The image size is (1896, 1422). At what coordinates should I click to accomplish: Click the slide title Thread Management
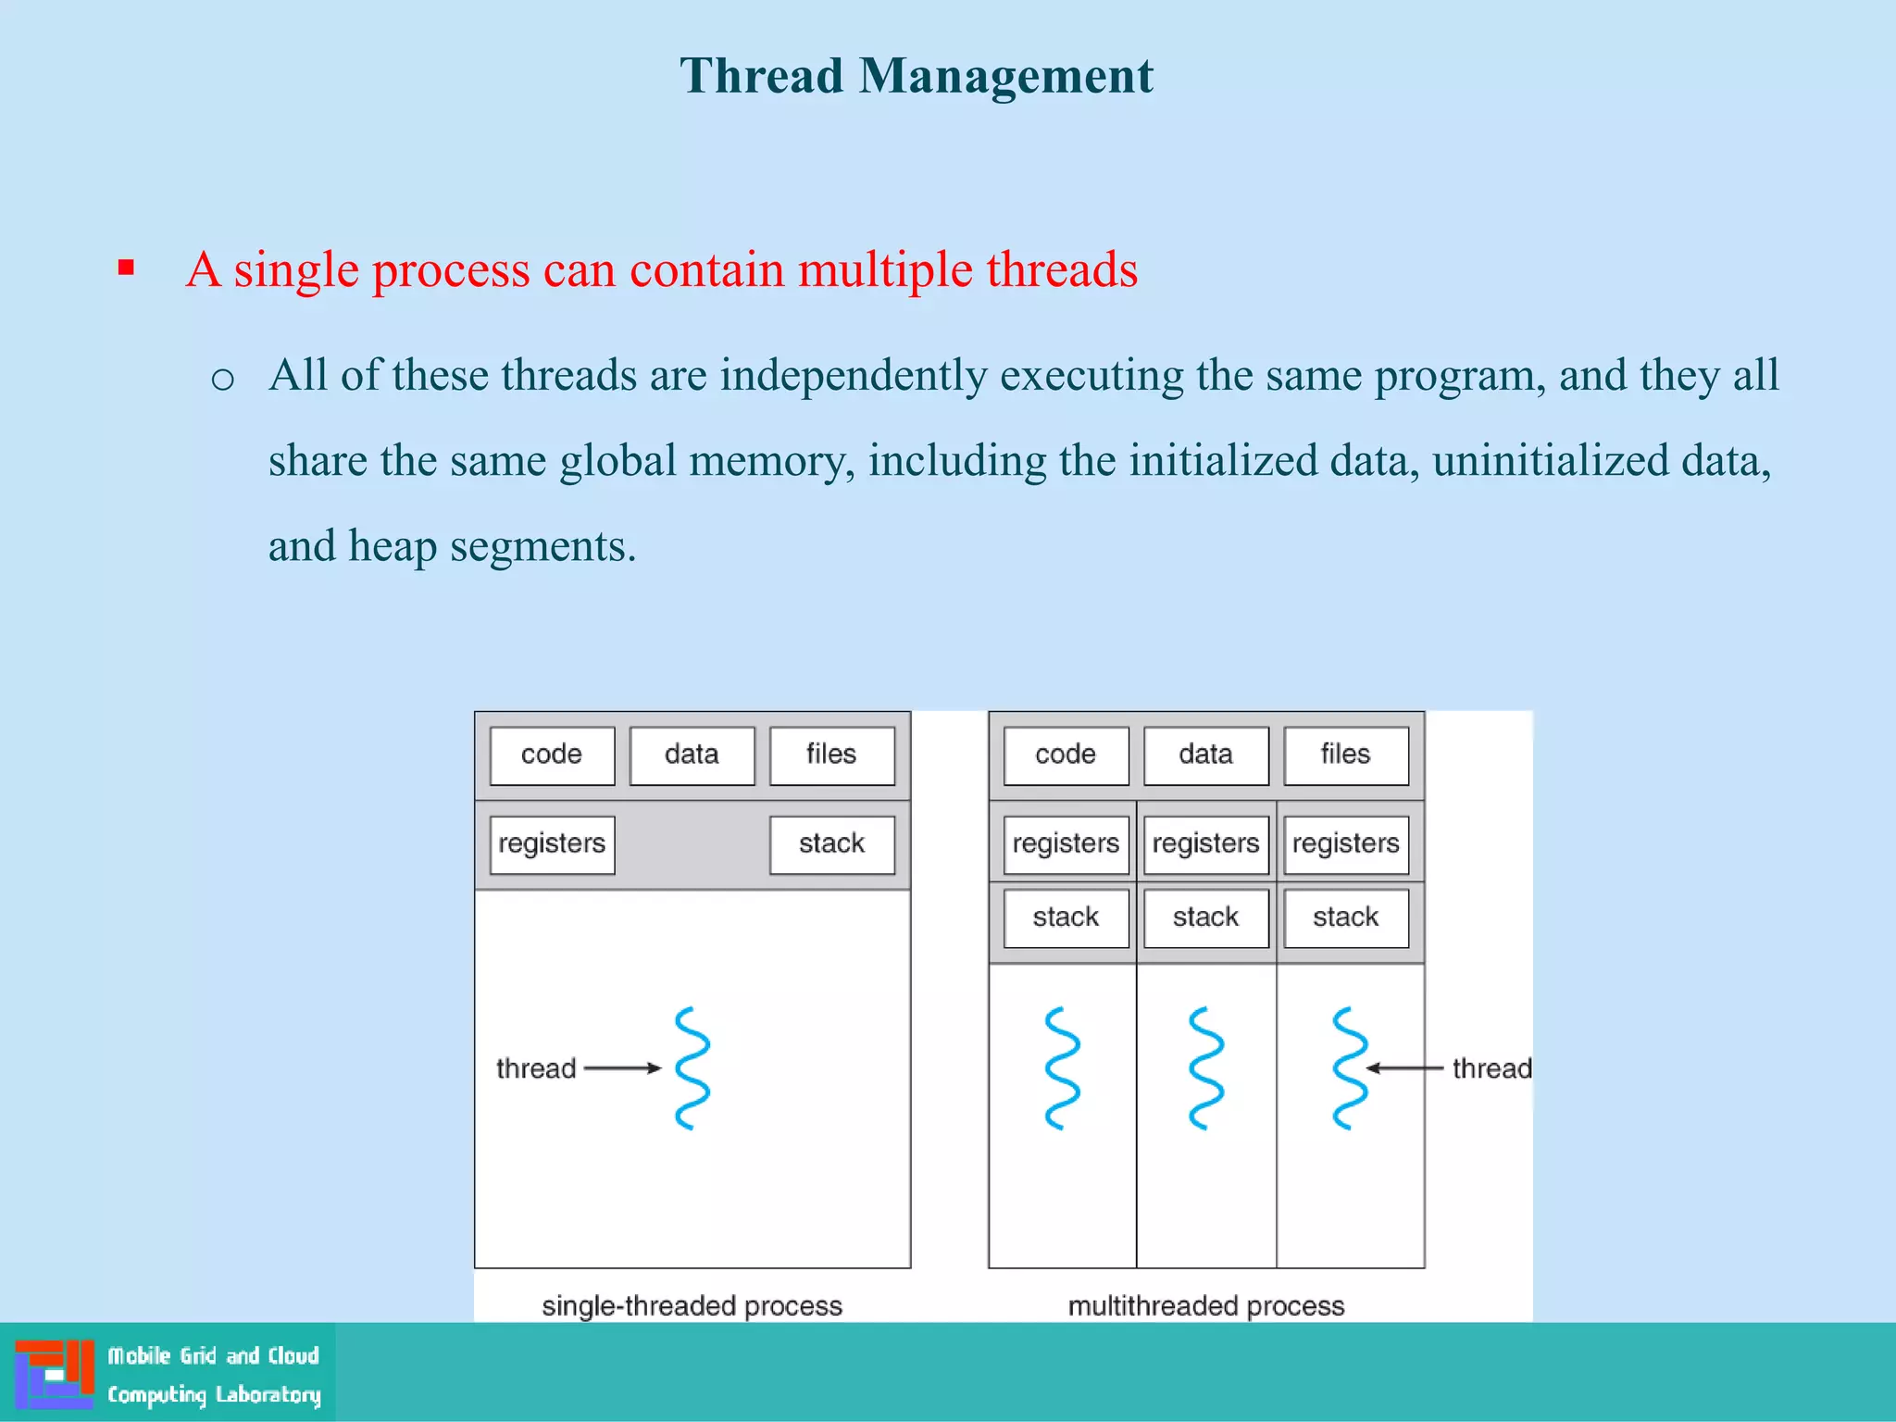(916, 76)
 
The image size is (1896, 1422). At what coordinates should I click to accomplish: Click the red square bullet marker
(127, 268)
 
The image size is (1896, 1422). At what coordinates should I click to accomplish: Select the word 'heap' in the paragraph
(392, 546)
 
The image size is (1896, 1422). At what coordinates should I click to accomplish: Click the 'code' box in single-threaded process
(552, 755)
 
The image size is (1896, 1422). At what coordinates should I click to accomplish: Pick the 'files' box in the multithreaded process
(1345, 755)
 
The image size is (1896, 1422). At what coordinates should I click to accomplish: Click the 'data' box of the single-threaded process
(692, 755)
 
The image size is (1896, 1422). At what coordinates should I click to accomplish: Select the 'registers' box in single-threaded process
(552, 843)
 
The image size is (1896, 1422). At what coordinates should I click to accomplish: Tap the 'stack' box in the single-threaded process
(831, 843)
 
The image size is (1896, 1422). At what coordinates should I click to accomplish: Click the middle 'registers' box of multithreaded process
(1205, 843)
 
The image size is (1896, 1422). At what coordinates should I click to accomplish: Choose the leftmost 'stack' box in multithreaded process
(1066, 917)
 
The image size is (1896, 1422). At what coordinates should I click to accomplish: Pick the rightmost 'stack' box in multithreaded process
(1345, 917)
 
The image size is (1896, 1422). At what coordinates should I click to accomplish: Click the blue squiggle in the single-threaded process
(692, 1068)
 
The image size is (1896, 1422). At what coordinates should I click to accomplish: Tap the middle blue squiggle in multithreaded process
(1206, 1068)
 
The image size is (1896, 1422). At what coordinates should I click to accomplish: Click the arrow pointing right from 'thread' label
(622, 1068)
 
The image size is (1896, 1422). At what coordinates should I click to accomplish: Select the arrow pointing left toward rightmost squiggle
(1404, 1068)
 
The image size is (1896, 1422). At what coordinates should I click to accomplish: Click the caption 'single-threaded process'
(692, 1305)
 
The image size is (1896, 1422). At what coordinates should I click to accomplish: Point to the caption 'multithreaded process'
(1205, 1305)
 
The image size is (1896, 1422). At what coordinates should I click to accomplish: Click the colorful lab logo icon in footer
(55, 1374)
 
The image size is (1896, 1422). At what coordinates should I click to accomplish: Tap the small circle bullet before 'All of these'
(222, 379)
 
